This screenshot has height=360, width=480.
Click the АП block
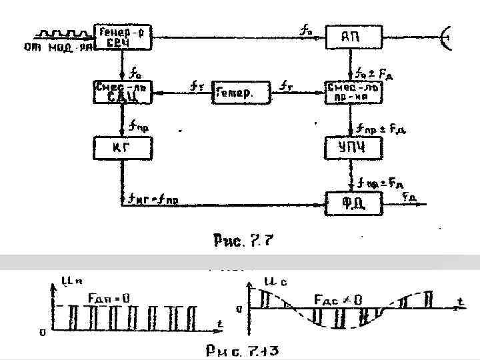coord(354,37)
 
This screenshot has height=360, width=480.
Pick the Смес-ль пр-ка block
coord(353,92)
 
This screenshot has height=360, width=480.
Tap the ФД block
coord(353,203)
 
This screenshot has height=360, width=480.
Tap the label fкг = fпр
coord(155,199)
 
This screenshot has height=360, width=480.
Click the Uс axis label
coord(264,283)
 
